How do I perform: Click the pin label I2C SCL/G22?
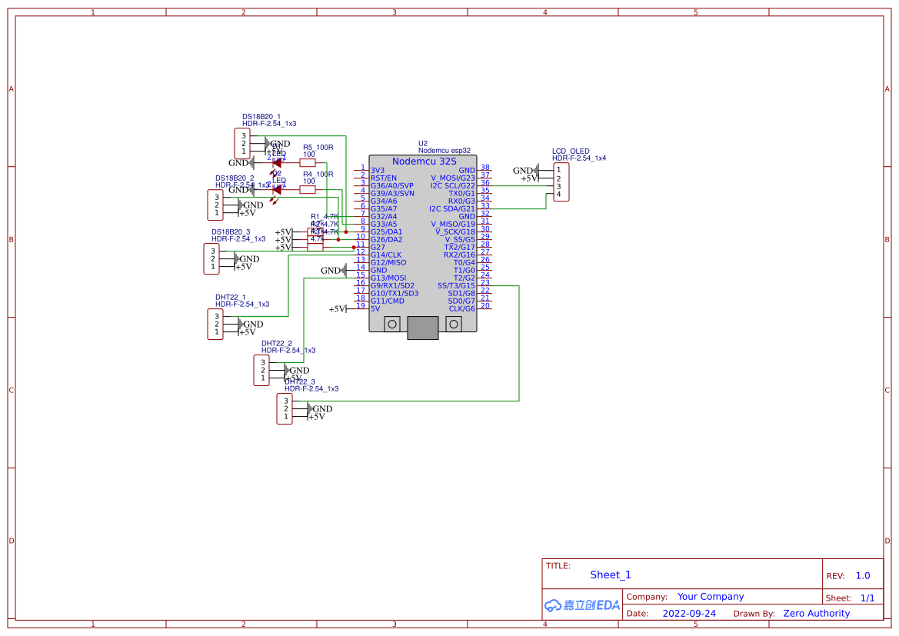pos(453,185)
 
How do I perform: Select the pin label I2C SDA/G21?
pos(452,208)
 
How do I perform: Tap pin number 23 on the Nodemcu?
pos(485,282)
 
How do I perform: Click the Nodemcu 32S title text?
pos(424,161)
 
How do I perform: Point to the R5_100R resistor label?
pos(318,147)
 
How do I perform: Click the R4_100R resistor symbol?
pos(308,189)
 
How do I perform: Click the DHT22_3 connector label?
pos(300,381)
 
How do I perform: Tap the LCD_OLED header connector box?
pos(561,182)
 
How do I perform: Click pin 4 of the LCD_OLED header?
pos(559,194)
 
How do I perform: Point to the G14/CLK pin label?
pos(386,255)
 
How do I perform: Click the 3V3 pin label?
pos(377,170)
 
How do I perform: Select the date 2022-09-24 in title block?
pos(689,614)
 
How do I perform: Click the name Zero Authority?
pos(816,614)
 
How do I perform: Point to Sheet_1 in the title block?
pos(611,574)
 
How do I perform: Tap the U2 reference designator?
pos(422,143)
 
